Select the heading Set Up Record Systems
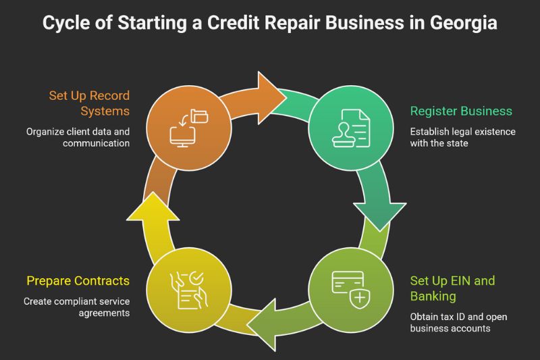click(x=89, y=103)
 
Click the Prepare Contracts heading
click(x=78, y=280)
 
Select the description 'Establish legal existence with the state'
click(x=462, y=137)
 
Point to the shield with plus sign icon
click(x=360, y=299)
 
